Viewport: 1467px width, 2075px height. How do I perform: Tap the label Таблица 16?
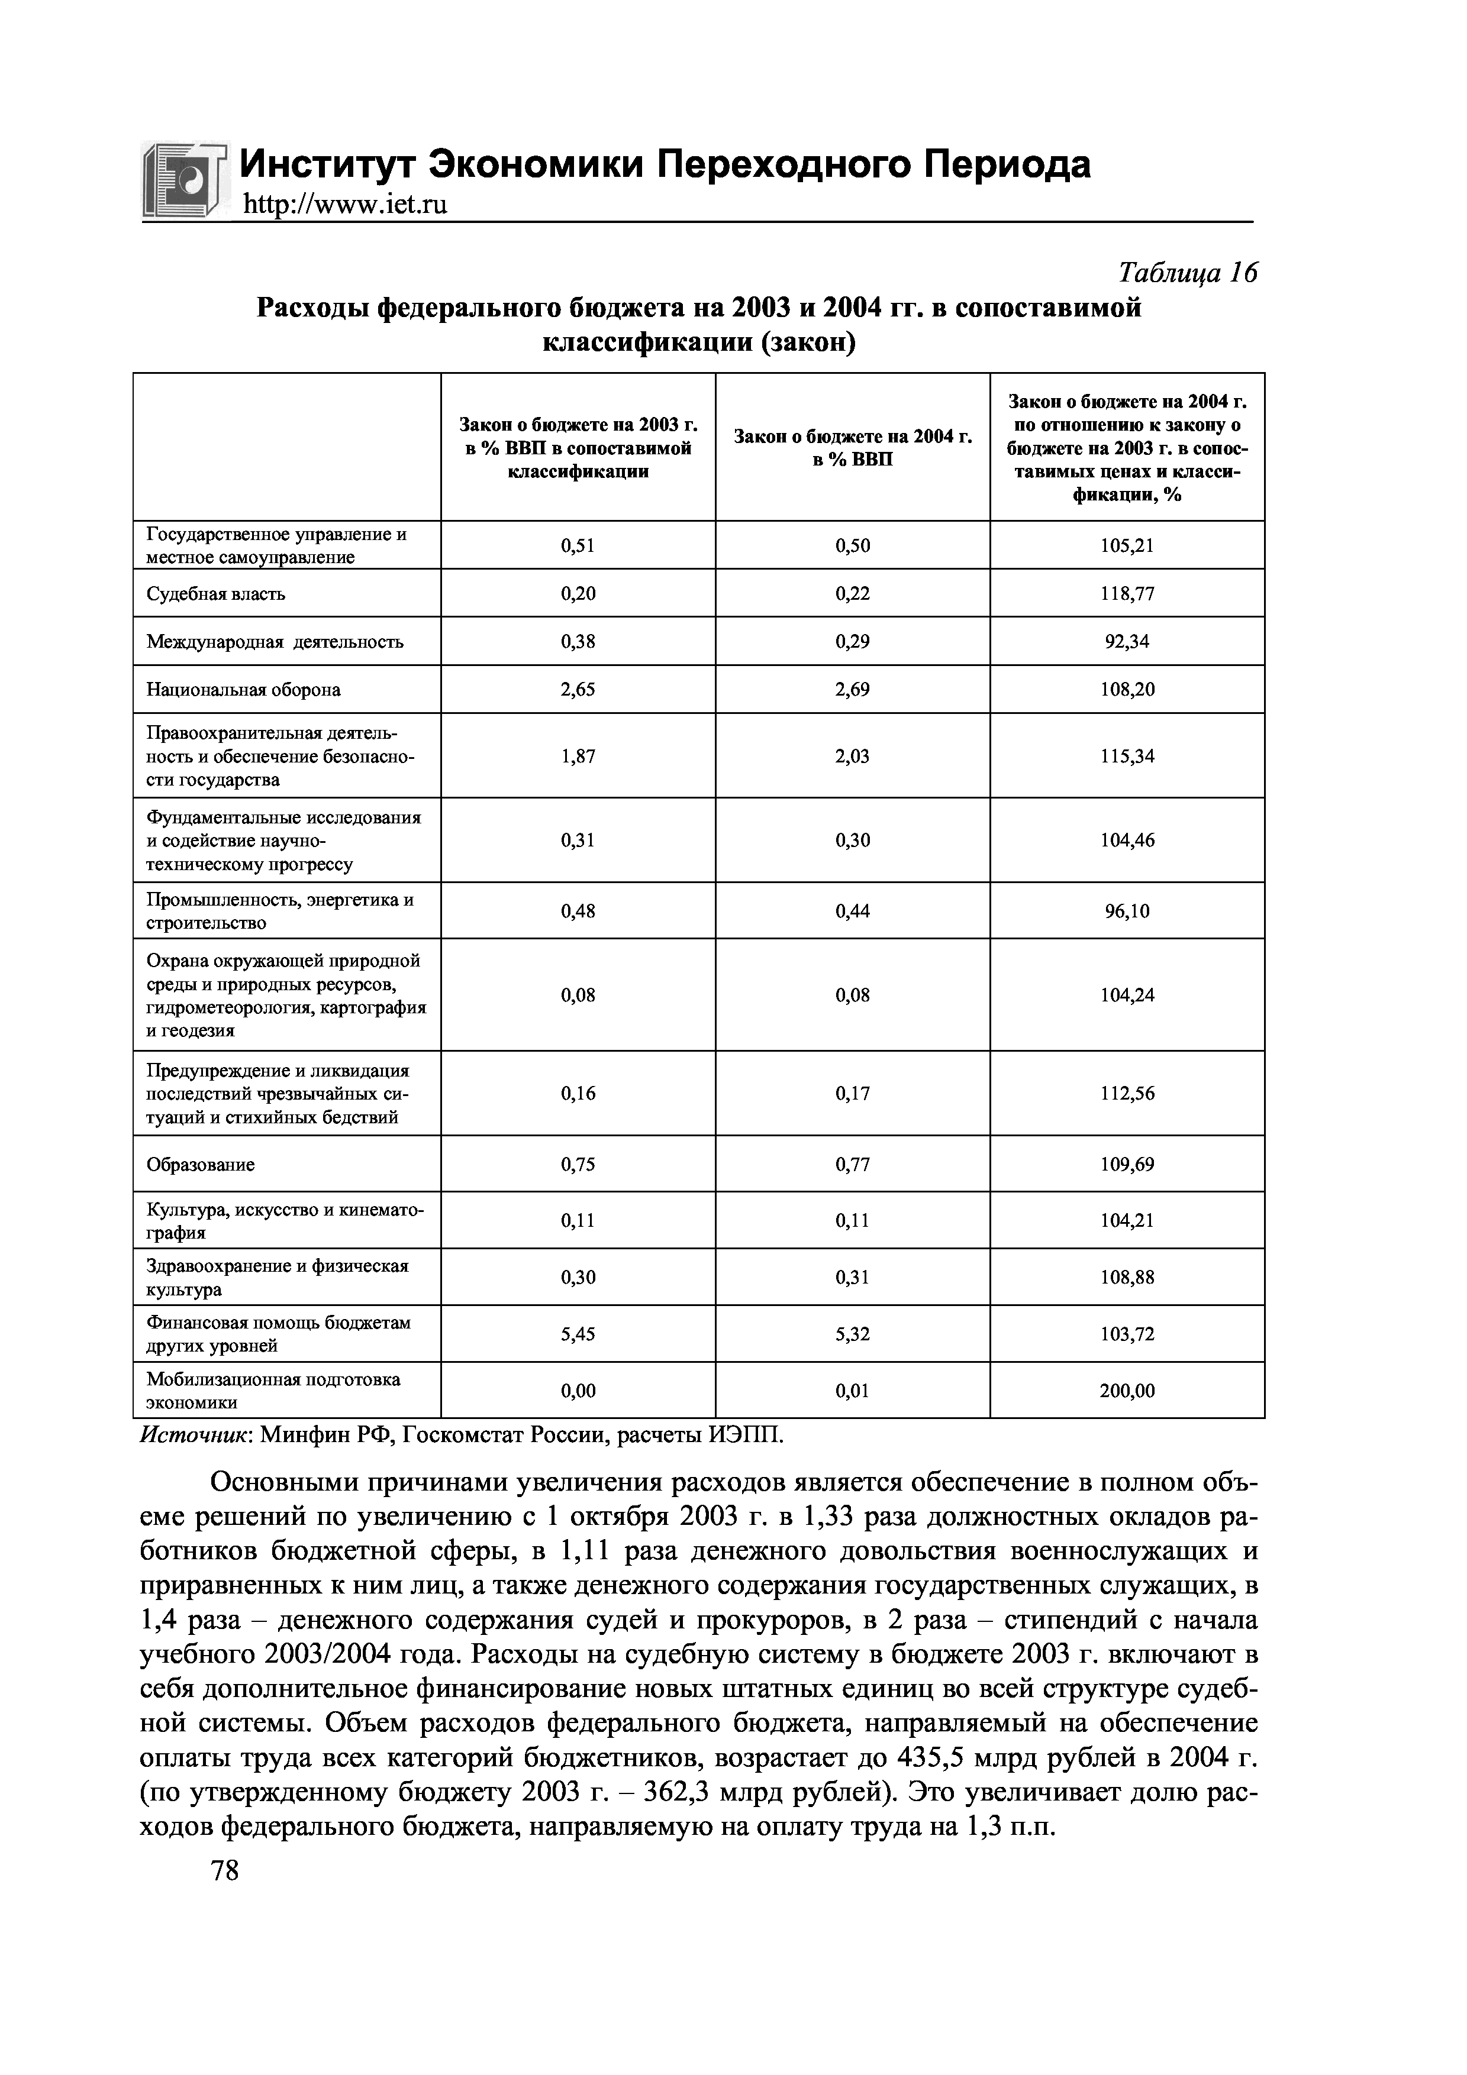pos(1187,273)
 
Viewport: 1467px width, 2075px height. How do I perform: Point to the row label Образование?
pos(201,1165)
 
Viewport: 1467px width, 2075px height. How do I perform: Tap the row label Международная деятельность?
pos(275,642)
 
